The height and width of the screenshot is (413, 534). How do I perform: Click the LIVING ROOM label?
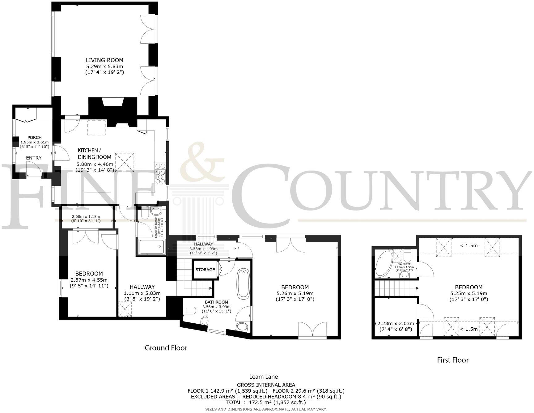click(104, 60)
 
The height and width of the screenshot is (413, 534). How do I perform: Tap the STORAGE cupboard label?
click(205, 270)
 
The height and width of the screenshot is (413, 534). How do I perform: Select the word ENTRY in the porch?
click(34, 158)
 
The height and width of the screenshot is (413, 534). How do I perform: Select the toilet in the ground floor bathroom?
click(189, 310)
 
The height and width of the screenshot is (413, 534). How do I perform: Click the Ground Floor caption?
click(166, 348)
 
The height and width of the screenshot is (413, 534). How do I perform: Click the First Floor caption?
click(452, 360)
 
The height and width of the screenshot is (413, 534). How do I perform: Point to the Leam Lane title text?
click(263, 377)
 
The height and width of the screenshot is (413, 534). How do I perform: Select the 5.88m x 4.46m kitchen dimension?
click(95, 164)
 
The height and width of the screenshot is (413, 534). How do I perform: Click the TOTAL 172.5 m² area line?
click(266, 402)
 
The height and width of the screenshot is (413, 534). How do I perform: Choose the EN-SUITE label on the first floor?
click(404, 264)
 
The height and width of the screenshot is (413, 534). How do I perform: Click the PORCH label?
click(34, 138)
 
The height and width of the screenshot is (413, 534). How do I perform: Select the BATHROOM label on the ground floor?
click(216, 302)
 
